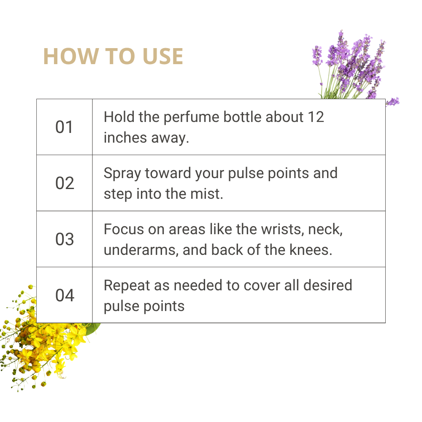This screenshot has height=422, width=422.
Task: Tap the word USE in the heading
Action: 163,56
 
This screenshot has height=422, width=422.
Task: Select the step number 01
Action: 64,127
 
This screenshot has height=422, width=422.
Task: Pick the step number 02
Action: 65,183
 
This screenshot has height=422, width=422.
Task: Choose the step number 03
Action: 65,239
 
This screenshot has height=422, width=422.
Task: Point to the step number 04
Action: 65,295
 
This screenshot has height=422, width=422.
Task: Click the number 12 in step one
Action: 316,117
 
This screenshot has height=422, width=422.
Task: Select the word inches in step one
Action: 125,138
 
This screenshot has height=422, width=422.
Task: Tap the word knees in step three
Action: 311,250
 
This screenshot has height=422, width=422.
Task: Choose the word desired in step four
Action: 327,285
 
